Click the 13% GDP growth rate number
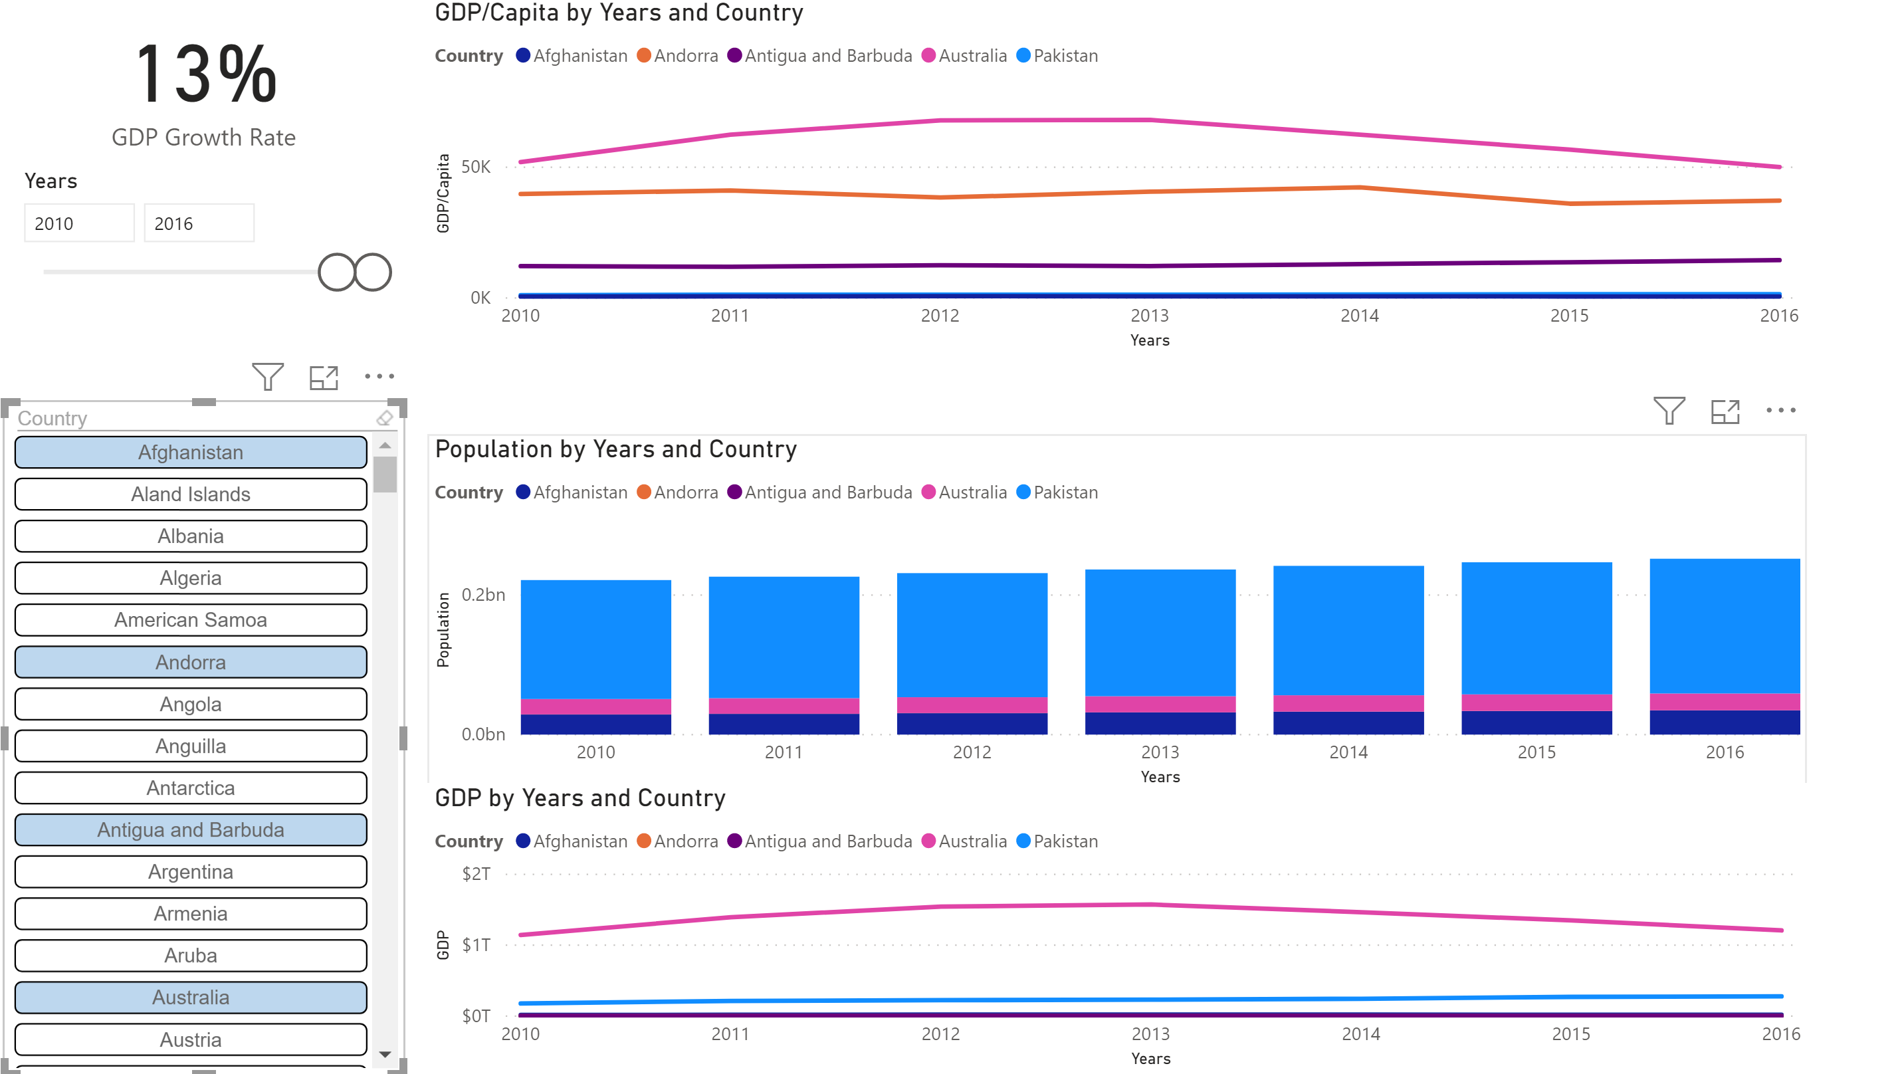point(206,74)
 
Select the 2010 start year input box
point(79,223)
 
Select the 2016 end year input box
point(199,223)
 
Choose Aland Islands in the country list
point(190,494)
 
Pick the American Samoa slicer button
point(190,619)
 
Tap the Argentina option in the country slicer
point(190,872)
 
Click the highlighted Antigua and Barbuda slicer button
point(190,830)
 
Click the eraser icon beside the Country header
point(384,418)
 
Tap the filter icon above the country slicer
point(267,377)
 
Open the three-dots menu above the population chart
point(1780,411)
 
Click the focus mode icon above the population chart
point(1725,411)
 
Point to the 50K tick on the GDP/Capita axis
point(476,167)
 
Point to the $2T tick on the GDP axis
point(476,874)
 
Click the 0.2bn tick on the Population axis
point(483,595)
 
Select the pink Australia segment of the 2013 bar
point(1160,704)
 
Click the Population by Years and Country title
point(615,449)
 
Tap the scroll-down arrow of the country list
point(385,1055)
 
